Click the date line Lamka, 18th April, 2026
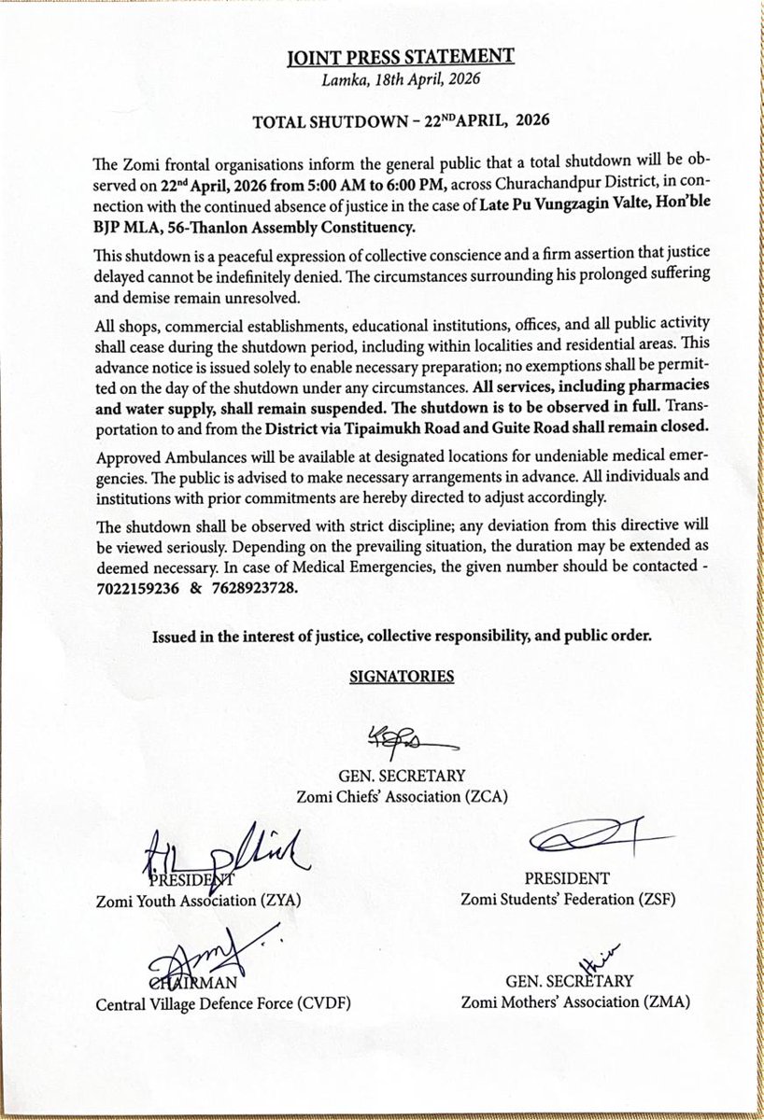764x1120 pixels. pyautogui.click(x=399, y=79)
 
